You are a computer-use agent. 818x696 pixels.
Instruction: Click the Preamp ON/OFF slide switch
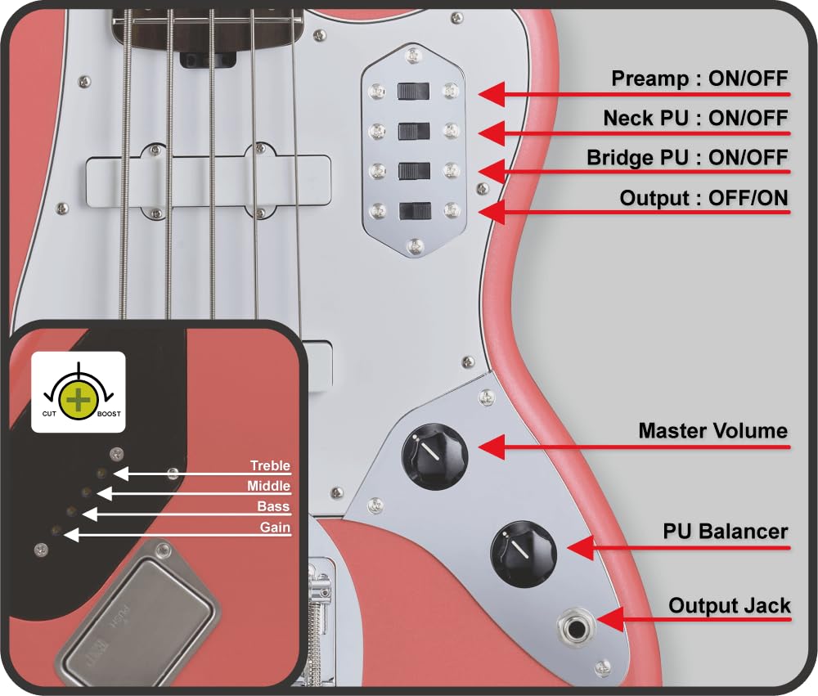click(x=414, y=91)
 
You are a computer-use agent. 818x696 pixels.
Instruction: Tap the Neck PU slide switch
click(x=414, y=131)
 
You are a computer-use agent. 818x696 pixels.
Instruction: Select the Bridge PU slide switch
click(x=414, y=171)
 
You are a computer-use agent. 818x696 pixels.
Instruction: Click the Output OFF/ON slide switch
click(x=414, y=211)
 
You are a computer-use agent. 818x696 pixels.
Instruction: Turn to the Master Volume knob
click(x=434, y=456)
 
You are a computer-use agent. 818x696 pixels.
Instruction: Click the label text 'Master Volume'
click(x=712, y=431)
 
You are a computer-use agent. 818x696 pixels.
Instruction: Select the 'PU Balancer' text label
click(x=725, y=532)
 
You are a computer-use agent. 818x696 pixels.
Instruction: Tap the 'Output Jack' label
click(x=729, y=606)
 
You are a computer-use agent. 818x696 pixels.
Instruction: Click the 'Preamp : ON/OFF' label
click(x=699, y=79)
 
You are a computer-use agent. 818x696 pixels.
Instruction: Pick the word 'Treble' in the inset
click(x=270, y=466)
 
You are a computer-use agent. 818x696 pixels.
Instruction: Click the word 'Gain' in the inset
click(x=275, y=528)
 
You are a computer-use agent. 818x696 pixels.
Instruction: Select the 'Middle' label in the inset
click(x=268, y=487)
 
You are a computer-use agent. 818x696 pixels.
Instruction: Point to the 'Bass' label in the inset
click(x=273, y=507)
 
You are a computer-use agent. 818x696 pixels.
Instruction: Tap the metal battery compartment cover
click(x=135, y=613)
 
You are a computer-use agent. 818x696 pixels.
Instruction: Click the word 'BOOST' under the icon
click(x=108, y=414)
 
